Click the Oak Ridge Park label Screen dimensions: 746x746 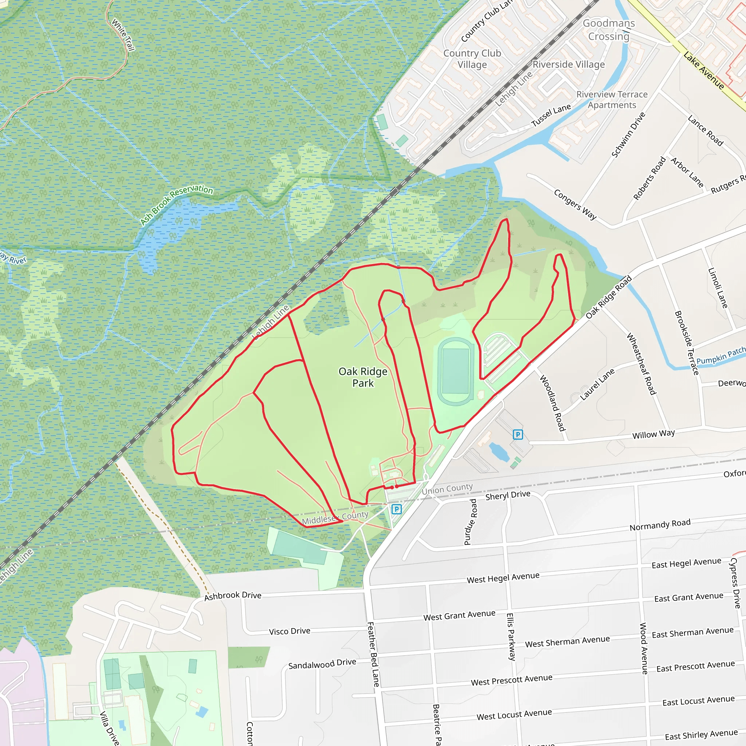coord(362,377)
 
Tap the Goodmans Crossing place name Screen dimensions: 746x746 coord(609,30)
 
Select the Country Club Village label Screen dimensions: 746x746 coord(472,59)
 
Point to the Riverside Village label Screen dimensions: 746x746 coord(568,64)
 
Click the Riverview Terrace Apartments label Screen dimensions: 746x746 coord(612,99)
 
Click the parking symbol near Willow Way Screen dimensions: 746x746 coord(518,435)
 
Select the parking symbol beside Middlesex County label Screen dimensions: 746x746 coord(396,509)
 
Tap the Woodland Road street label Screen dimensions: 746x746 coord(553,403)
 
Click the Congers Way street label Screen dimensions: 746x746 coord(575,204)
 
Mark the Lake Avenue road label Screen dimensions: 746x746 coord(703,71)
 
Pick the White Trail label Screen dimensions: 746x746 coord(123,35)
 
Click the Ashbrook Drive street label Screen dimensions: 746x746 coord(232,596)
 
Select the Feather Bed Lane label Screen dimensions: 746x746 coord(373,654)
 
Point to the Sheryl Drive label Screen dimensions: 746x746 coord(507,495)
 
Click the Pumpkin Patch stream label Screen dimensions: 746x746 coord(721,355)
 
